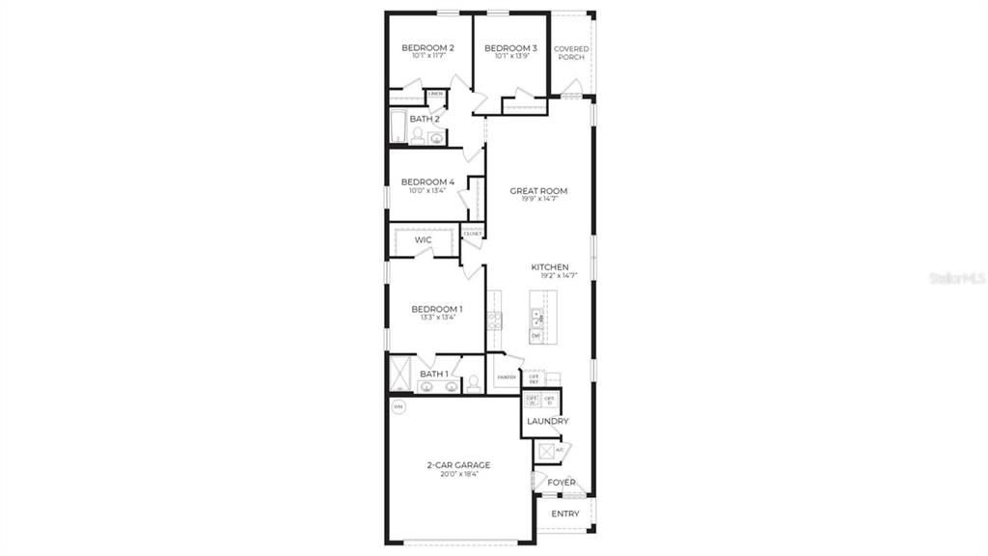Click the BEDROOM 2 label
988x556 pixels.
point(427,48)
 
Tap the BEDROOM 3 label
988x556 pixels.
point(510,48)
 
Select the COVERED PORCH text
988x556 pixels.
point(570,53)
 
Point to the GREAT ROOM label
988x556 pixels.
point(538,191)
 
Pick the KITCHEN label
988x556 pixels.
point(549,267)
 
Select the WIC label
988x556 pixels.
point(423,239)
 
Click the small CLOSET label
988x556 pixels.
point(473,234)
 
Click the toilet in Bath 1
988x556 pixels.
point(473,382)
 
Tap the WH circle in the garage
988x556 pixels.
point(398,407)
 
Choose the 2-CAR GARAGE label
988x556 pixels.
point(459,464)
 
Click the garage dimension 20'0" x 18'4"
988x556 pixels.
point(459,475)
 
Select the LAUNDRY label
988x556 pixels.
point(547,422)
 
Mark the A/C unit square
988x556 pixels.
point(547,451)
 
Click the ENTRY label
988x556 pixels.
point(565,514)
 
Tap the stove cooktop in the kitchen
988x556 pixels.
point(495,320)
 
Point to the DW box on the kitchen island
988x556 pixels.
point(535,335)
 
